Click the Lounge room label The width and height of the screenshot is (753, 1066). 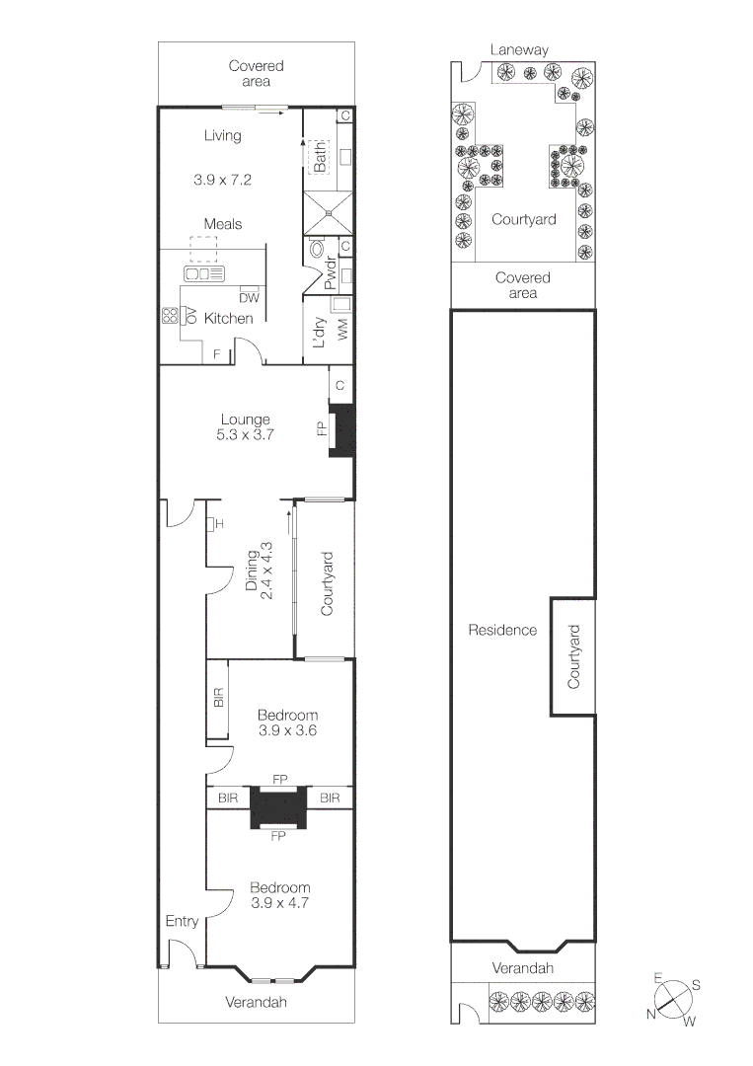tap(245, 419)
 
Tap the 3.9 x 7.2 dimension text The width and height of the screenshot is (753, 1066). tap(222, 180)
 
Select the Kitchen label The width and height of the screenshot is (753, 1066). tap(228, 318)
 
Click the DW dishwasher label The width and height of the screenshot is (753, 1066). tap(249, 298)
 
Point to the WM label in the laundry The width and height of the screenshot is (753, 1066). tap(342, 329)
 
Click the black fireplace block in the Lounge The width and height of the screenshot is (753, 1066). tap(341, 430)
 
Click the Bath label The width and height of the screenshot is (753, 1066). tap(320, 157)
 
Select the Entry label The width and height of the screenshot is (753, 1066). tap(183, 921)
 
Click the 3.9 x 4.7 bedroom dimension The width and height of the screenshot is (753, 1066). tap(279, 903)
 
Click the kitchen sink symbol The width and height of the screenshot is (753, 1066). tap(204, 274)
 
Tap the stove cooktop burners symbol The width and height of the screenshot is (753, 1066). tap(170, 316)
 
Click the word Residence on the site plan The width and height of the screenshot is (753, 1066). tap(502, 630)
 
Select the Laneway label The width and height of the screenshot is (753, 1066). tap(519, 49)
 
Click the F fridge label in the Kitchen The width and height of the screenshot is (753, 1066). tap(217, 354)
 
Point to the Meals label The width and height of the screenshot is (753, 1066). tap(223, 224)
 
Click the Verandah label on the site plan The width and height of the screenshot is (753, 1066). tap(523, 968)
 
